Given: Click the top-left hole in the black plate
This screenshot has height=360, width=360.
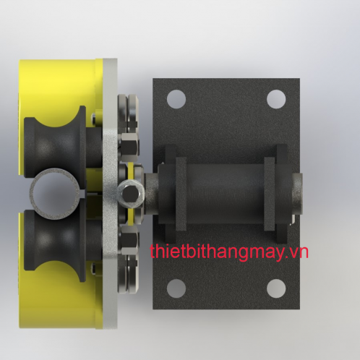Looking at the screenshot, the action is click(x=176, y=99).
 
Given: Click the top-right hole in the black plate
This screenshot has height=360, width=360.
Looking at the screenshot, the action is click(x=276, y=99).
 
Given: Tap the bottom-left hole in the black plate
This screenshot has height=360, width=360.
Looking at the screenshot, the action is click(x=176, y=288).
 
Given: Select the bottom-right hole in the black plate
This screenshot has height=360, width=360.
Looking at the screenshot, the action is click(x=276, y=288).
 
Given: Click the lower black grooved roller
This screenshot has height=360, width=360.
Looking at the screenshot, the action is click(x=56, y=244).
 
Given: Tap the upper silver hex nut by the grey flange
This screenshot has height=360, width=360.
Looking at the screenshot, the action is click(x=129, y=145).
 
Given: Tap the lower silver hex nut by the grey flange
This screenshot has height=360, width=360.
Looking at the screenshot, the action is click(x=129, y=241).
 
